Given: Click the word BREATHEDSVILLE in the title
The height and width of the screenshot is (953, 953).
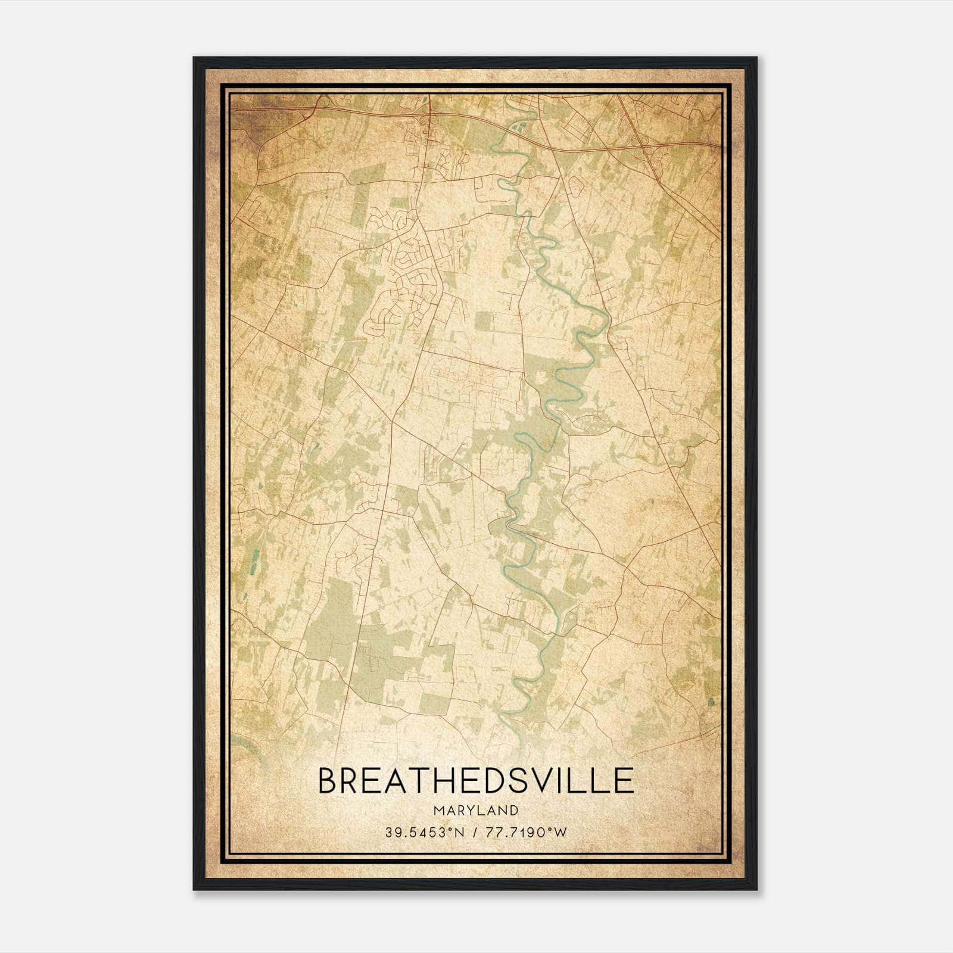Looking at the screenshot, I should (476, 781).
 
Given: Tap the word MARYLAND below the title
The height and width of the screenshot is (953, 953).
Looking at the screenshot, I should (476, 811).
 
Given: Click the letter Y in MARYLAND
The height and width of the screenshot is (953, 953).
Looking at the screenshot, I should (468, 811).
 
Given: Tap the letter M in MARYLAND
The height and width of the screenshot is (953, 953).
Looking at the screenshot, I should (438, 811).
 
